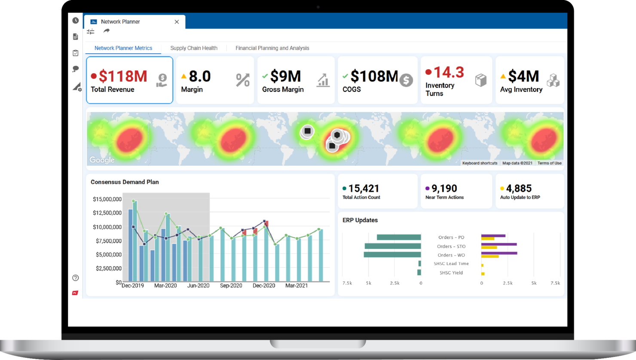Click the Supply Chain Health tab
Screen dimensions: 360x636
pyautogui.click(x=194, y=48)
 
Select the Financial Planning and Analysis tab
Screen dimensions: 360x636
pyautogui.click(x=272, y=48)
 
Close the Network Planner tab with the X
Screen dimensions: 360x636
pyautogui.click(x=177, y=22)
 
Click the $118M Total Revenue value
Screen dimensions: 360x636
pyautogui.click(x=123, y=76)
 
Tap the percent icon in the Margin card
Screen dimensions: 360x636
pyautogui.click(x=243, y=80)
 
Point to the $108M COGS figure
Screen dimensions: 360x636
pyautogui.click(x=374, y=76)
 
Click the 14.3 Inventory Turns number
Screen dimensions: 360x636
pyautogui.click(x=449, y=72)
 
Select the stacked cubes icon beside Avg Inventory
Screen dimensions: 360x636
pyautogui.click(x=553, y=80)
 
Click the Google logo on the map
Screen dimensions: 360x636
pyautogui.click(x=102, y=160)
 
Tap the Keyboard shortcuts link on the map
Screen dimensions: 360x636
pyautogui.click(x=480, y=163)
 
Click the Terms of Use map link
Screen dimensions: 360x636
pyautogui.click(x=549, y=163)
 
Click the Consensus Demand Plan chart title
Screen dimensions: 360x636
pyautogui.click(x=125, y=182)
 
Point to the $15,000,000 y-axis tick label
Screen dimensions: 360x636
pyautogui.click(x=107, y=199)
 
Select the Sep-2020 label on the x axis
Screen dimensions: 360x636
pyautogui.click(x=231, y=286)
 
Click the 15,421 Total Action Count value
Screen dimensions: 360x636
pyautogui.click(x=364, y=189)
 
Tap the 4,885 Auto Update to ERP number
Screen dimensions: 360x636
pyautogui.click(x=519, y=189)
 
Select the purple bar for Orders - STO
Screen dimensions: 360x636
pyautogui.click(x=499, y=244)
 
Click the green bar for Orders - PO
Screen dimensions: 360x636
pyautogui.click(x=399, y=237)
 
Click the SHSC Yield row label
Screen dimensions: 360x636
pyautogui.click(x=451, y=273)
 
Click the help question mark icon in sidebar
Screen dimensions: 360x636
pyautogui.click(x=76, y=278)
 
